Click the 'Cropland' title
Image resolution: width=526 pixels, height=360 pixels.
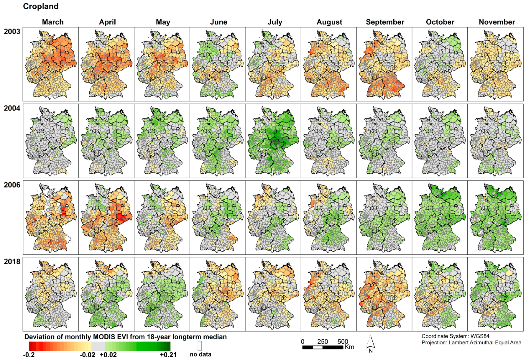pyautogui.click(x=41, y=6)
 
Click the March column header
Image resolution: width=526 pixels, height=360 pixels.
pyautogui.click(x=53, y=22)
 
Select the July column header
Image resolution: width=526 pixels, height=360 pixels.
pyautogui.click(x=275, y=22)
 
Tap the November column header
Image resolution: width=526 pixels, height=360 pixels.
pyautogui.click(x=497, y=22)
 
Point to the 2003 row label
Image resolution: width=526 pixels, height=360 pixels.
pyautogui.click(x=12, y=32)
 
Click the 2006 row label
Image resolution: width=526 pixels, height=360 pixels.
pyautogui.click(x=12, y=185)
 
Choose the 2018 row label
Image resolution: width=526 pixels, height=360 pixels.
pyautogui.click(x=12, y=262)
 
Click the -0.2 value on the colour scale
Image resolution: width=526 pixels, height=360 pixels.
pyautogui.click(x=29, y=355)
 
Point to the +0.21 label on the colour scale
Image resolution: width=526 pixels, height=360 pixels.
pyautogui.click(x=168, y=355)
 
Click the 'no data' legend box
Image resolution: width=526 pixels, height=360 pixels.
pyautogui.click(x=200, y=346)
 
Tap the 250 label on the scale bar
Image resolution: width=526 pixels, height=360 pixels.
pyautogui.click(x=323, y=341)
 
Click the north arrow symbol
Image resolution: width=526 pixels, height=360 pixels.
pyautogui.click(x=371, y=343)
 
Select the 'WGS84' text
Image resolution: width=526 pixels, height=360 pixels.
pyautogui.click(x=480, y=336)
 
